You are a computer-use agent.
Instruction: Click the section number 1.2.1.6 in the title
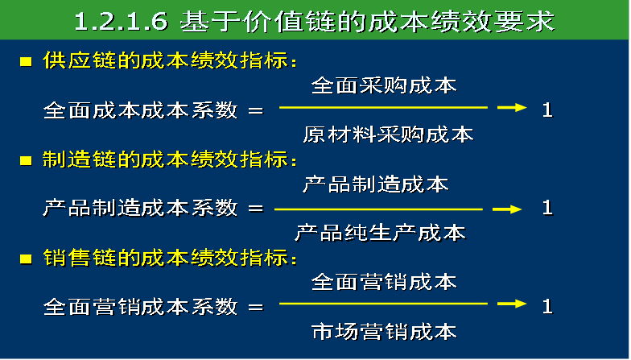121,21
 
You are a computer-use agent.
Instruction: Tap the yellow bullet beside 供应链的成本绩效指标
26,61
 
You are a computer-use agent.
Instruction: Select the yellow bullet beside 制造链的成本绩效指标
26,161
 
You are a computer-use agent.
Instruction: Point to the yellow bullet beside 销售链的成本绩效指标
26,259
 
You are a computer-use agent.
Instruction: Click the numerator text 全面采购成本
384,85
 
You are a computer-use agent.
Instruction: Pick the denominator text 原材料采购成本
388,134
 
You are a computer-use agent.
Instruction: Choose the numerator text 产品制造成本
376,184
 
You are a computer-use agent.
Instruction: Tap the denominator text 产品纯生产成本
380,233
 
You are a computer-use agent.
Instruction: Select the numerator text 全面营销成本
384,282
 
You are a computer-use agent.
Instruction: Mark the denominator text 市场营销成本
384,332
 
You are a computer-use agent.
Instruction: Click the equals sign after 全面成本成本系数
256,110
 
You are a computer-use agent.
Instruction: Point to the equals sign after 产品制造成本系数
256,209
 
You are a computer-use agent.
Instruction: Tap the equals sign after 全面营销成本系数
256,308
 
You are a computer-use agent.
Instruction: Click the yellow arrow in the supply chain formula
512,108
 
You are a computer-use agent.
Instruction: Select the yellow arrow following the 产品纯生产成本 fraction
507,209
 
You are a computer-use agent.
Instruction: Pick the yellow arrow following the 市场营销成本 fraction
512,304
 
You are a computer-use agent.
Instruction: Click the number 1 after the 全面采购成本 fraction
547,110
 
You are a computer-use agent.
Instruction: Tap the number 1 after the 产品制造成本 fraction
547,208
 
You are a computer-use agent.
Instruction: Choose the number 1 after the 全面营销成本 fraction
547,306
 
